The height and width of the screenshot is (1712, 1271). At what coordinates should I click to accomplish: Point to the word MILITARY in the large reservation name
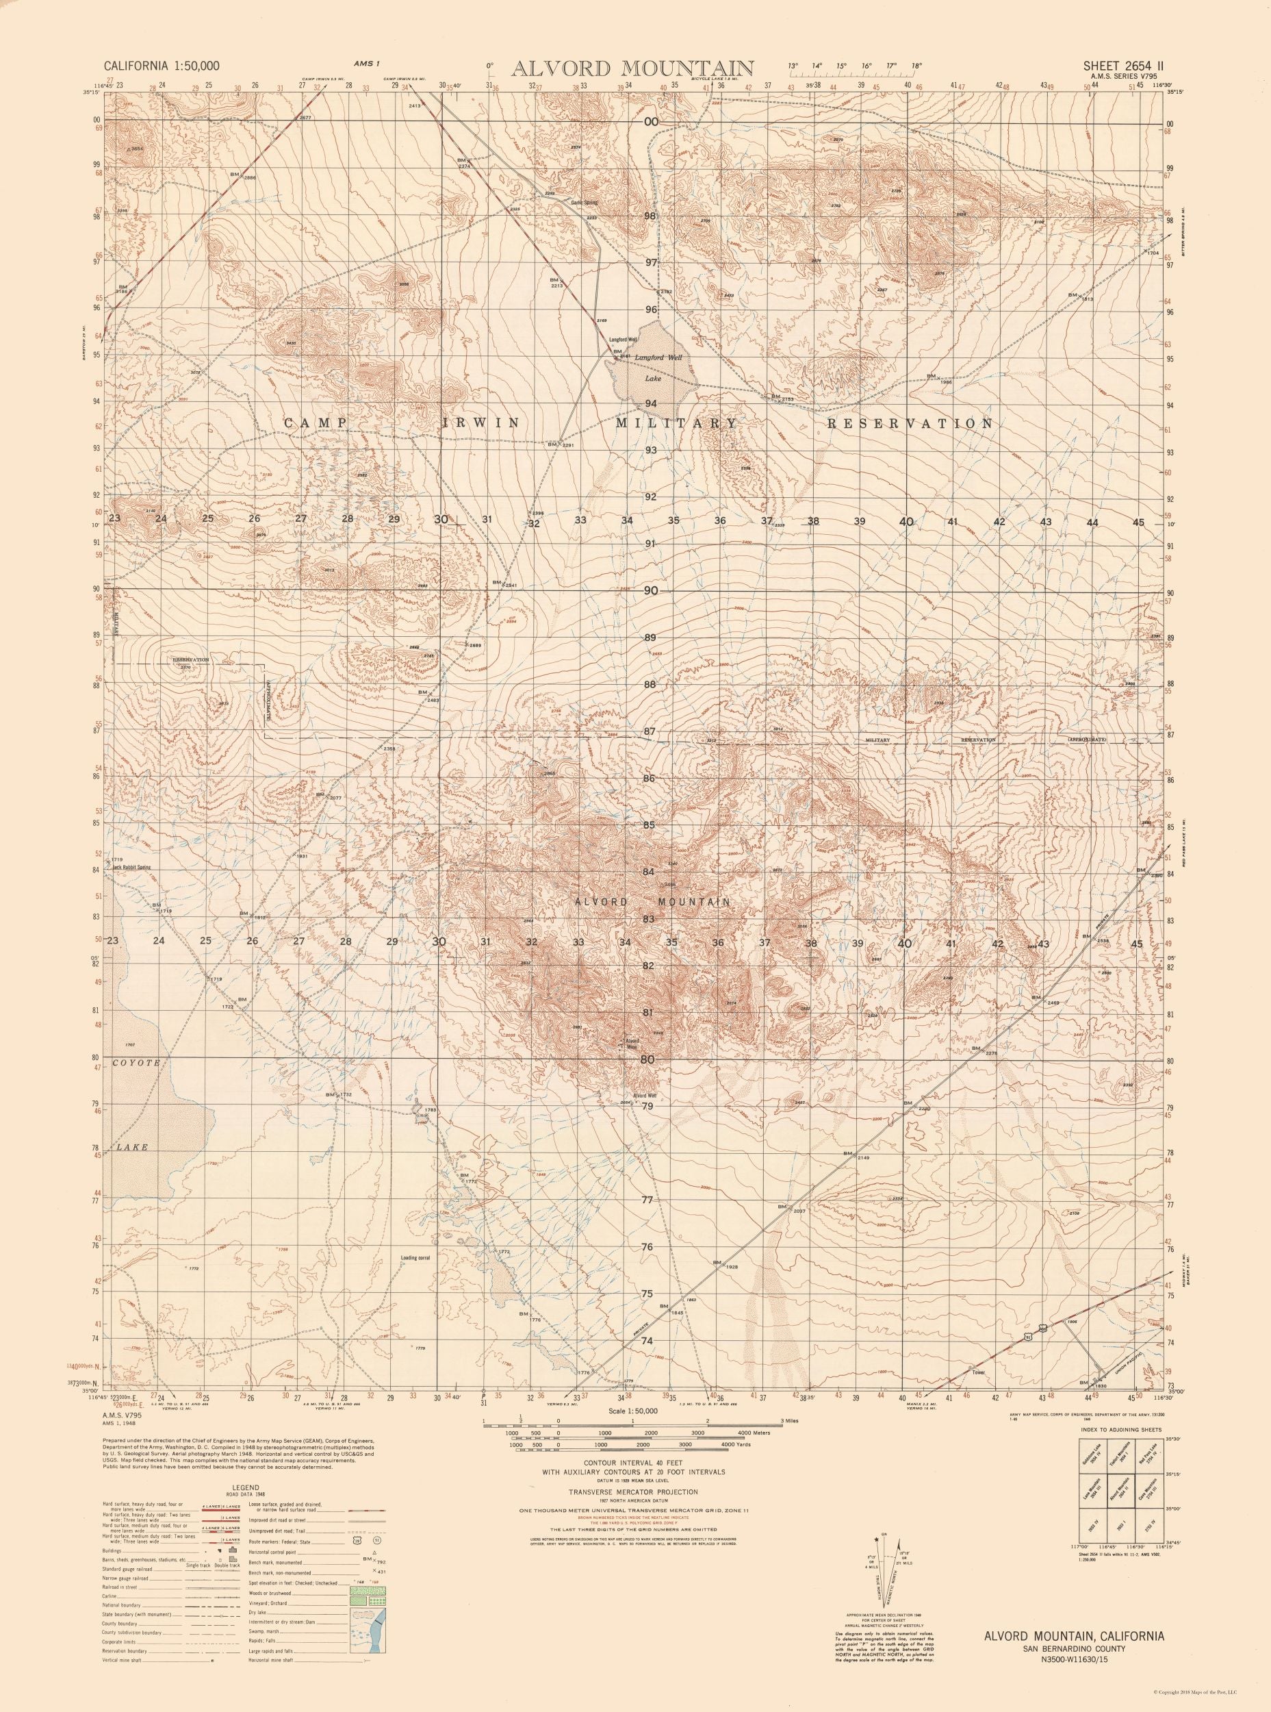[676, 423]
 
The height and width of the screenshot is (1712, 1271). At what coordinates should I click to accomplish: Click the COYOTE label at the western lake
[136, 1062]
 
